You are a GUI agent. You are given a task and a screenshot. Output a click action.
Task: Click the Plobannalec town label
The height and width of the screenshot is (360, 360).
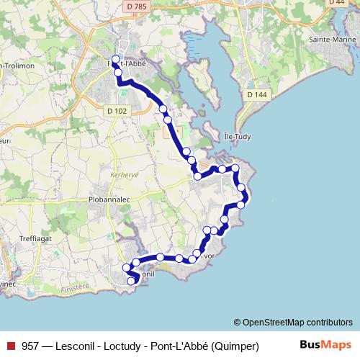pyautogui.click(x=109, y=196)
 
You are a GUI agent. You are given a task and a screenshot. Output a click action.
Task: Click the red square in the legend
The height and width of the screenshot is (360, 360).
pyautogui.click(x=10, y=346)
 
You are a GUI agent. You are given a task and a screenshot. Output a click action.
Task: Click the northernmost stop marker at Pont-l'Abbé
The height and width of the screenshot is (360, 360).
pyautogui.click(x=117, y=60)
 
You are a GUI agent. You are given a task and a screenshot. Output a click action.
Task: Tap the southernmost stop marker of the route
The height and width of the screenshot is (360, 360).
pyautogui.click(x=132, y=281)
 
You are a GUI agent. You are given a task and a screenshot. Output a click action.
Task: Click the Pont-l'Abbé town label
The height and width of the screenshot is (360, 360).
pyautogui.click(x=133, y=63)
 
